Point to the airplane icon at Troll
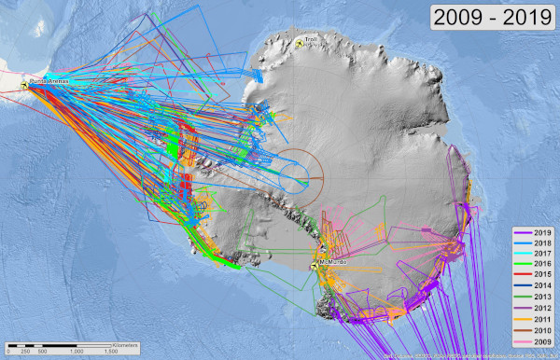300,42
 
